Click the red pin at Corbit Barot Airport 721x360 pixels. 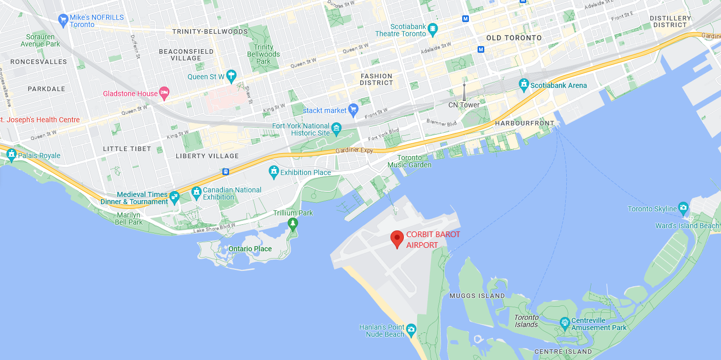click(x=397, y=239)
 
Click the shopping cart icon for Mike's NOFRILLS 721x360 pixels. click(x=64, y=20)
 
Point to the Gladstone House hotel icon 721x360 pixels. click(x=164, y=93)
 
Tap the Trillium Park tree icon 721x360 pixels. click(x=293, y=223)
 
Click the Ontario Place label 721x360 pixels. click(x=250, y=249)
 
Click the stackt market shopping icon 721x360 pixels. click(x=353, y=109)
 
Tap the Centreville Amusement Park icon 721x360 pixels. click(x=564, y=323)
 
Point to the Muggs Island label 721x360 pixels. click(x=477, y=295)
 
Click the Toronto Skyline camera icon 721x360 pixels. click(x=683, y=207)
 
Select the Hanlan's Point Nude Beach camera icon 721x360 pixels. click(x=411, y=329)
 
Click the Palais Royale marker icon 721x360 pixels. click(x=11, y=154)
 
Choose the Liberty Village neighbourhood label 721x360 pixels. click(x=207, y=156)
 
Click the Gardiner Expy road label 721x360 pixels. click(x=354, y=151)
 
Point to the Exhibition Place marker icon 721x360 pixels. click(x=274, y=171)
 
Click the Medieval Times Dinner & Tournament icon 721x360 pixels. click(x=175, y=197)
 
